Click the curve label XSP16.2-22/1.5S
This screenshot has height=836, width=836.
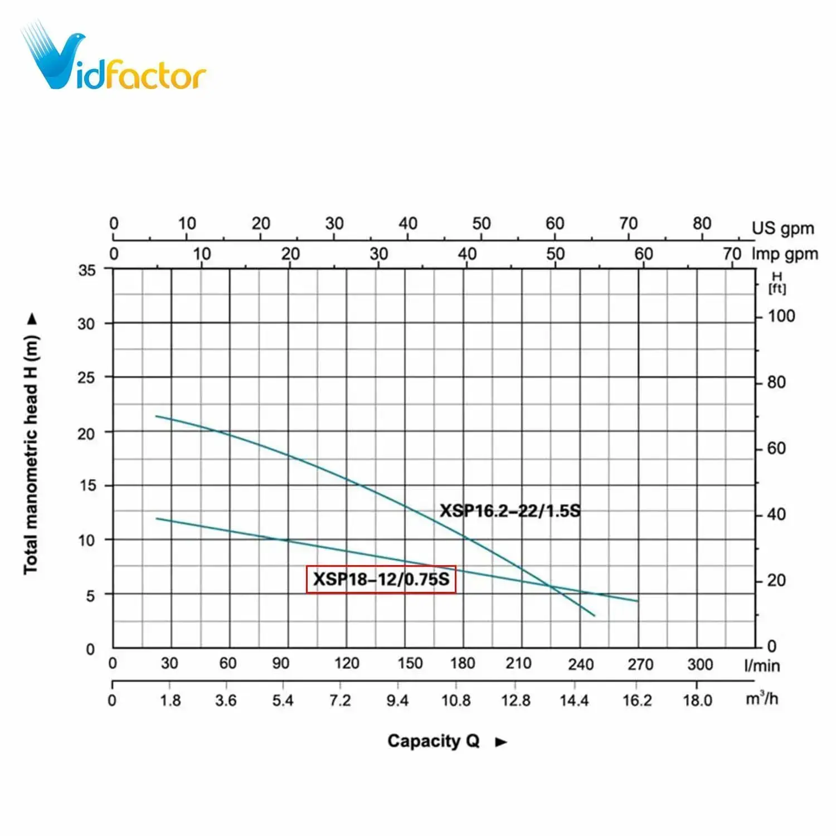pyautogui.click(x=510, y=511)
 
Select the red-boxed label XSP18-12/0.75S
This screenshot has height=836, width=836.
pyautogui.click(x=381, y=579)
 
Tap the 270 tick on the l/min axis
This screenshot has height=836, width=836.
pyautogui.click(x=640, y=664)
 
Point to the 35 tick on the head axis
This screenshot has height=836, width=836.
pyautogui.click(x=87, y=270)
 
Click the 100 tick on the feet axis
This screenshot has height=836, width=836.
pyautogui.click(x=781, y=316)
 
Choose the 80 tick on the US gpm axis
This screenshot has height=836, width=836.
pyautogui.click(x=702, y=223)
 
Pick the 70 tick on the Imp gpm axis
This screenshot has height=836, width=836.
pyautogui.click(x=732, y=254)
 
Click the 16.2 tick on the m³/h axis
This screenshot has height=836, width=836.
pyautogui.click(x=637, y=700)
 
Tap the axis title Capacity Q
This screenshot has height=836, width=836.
pyautogui.click(x=433, y=741)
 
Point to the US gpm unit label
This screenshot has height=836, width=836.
pyautogui.click(x=782, y=228)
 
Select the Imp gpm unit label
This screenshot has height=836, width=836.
pyautogui.click(x=785, y=254)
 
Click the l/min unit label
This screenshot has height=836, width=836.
pyautogui.click(x=762, y=665)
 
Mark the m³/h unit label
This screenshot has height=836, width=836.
pyautogui.click(x=761, y=698)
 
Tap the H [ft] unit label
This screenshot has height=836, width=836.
pyautogui.click(x=777, y=283)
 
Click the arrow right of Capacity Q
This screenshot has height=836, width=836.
pyautogui.click(x=501, y=742)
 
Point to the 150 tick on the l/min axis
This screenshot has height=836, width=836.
pyautogui.click(x=410, y=663)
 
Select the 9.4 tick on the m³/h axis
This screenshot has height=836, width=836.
pyautogui.click(x=397, y=700)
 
